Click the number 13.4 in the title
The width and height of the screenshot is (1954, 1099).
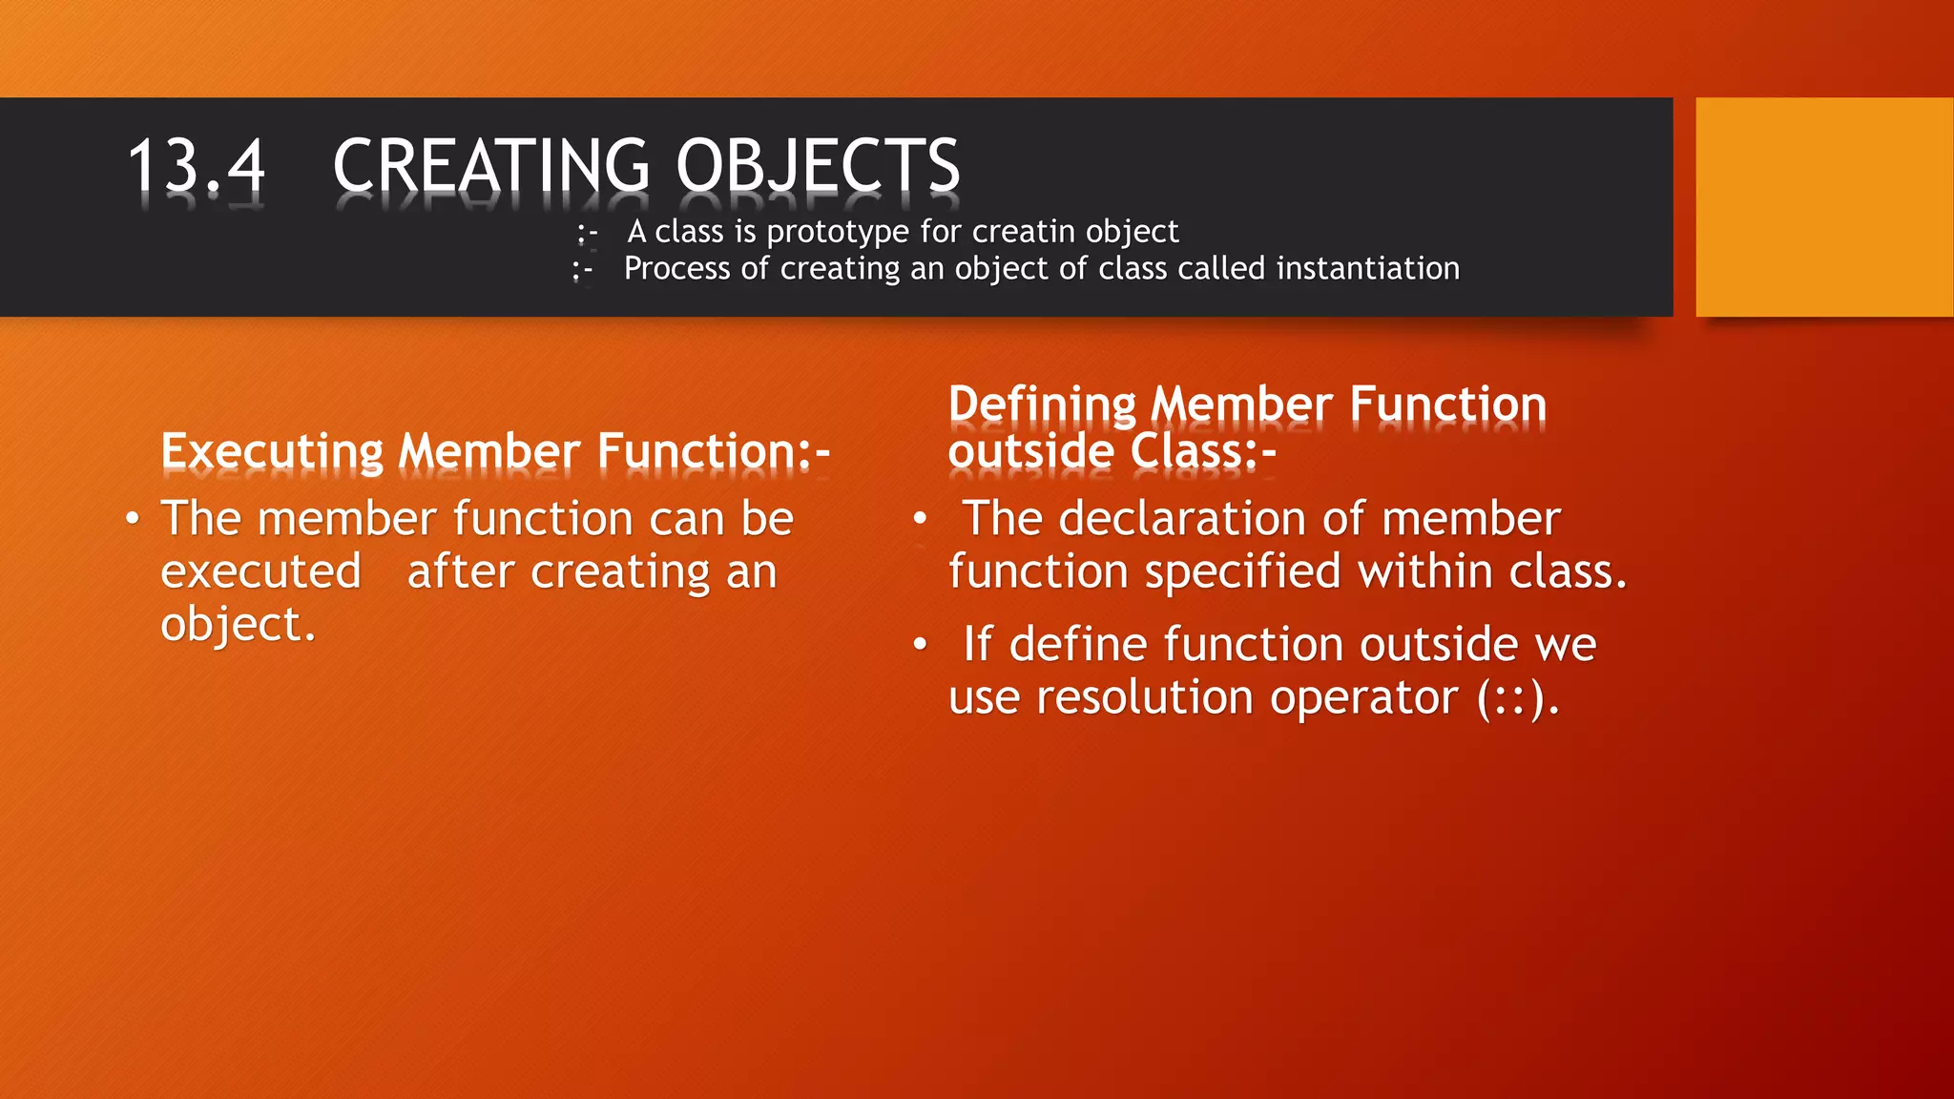pos(197,166)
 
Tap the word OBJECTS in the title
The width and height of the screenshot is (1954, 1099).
pos(818,166)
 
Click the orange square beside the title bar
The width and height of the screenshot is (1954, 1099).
pos(1823,207)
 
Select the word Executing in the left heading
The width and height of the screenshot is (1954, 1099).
pos(272,451)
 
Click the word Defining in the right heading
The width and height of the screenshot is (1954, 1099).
pos(1042,404)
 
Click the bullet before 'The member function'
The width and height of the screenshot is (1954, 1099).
pos(133,520)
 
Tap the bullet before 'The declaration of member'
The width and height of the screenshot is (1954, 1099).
pos(920,520)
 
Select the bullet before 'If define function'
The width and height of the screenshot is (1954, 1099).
pos(920,646)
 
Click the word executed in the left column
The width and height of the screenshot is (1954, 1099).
pos(260,572)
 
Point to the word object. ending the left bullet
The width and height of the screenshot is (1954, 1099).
pos(238,625)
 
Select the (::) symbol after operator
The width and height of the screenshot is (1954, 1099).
pos(1517,698)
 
